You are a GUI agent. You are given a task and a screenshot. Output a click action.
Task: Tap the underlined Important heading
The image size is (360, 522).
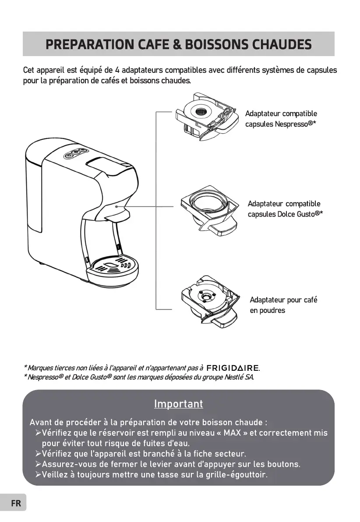click(178, 404)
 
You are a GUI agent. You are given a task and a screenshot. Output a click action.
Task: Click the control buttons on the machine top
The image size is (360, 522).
click(73, 153)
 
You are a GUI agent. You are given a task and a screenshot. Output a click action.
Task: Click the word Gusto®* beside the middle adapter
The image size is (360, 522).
click(309, 214)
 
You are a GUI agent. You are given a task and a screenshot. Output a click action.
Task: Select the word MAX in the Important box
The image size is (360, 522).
click(232, 433)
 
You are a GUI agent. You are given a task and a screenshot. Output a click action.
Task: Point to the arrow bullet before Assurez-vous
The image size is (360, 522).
click(38, 465)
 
